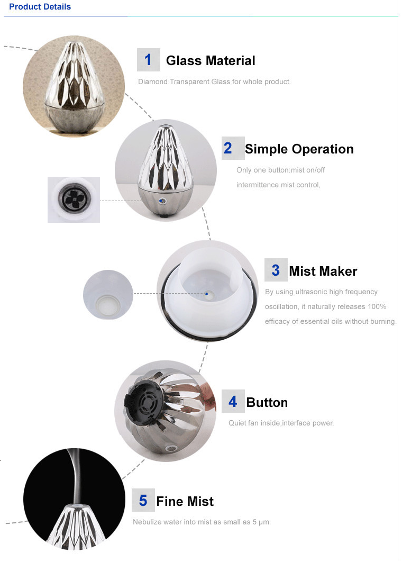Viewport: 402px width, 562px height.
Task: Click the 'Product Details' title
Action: coord(40,7)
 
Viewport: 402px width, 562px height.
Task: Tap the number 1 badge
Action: coord(148,60)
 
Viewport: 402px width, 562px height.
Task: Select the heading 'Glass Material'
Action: coord(211,60)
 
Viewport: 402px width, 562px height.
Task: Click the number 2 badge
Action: coord(233,148)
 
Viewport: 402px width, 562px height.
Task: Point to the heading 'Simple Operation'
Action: coord(299,149)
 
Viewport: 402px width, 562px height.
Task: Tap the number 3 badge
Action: coord(276,270)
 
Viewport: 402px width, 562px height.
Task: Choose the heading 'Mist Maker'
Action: coord(323,271)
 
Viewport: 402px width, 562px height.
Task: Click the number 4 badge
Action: coord(233,401)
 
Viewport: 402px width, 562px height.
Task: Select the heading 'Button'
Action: coord(267,403)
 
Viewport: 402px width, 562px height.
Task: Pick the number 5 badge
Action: coord(143,500)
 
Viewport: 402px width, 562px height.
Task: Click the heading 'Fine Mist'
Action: coord(185,502)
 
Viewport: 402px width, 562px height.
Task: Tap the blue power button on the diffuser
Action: coord(161,201)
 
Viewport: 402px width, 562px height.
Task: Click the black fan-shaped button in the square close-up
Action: coord(74,198)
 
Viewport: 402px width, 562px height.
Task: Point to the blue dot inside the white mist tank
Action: coord(206,294)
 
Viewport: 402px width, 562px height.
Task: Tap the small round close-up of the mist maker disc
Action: coord(108,295)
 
